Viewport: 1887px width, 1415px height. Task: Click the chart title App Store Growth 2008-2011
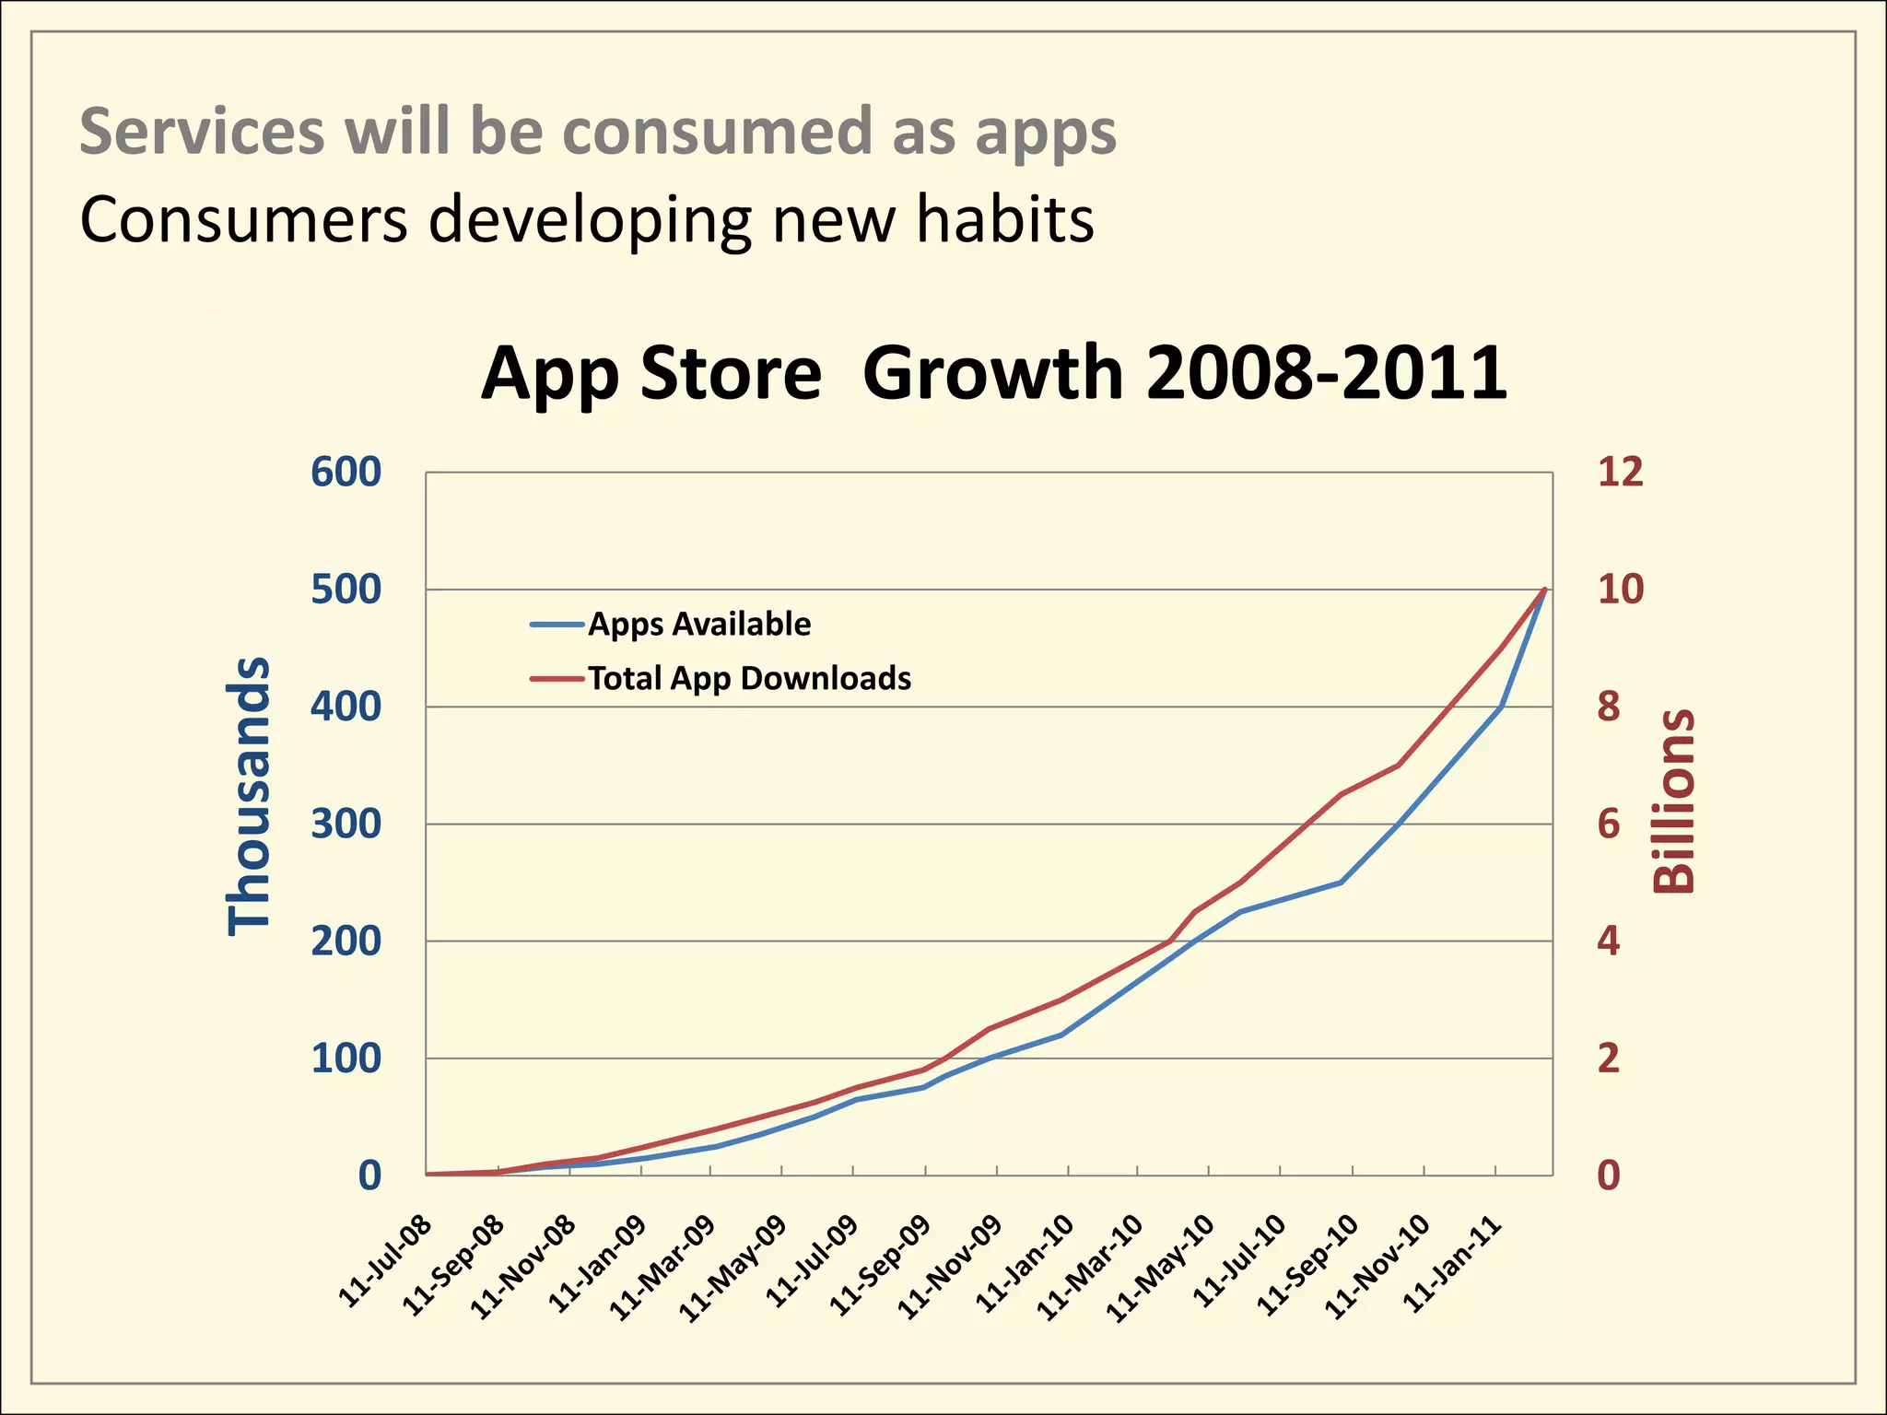(x=993, y=373)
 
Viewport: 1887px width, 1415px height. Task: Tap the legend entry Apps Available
(x=698, y=625)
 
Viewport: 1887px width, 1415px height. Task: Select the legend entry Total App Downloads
(x=748, y=679)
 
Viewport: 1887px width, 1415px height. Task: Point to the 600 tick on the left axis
(x=346, y=472)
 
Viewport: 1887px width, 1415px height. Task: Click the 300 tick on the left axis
(x=346, y=824)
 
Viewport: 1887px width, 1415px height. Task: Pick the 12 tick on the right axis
(x=1620, y=472)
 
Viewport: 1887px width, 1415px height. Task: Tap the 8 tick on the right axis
(x=1608, y=707)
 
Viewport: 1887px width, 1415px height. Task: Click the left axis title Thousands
(x=250, y=797)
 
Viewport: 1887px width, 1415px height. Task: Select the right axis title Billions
(x=1673, y=801)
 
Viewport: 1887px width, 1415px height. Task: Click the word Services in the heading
(x=202, y=131)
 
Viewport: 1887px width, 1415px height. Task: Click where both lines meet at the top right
(x=1544, y=589)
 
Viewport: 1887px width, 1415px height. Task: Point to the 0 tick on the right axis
(x=1608, y=1175)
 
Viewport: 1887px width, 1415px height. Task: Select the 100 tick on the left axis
(x=346, y=1058)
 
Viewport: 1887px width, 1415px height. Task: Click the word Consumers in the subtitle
(x=243, y=221)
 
